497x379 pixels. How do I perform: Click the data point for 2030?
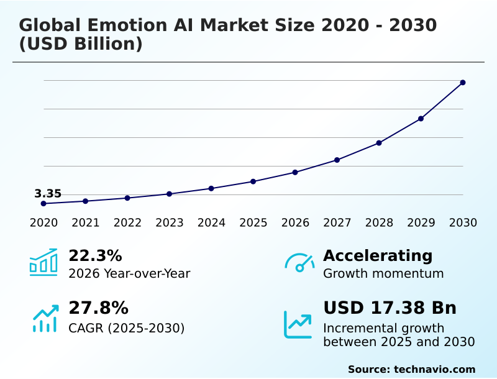[x=463, y=83]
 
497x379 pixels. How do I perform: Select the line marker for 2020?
[x=43, y=204]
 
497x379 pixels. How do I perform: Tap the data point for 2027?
[x=337, y=160]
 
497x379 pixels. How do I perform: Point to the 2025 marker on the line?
[x=253, y=181]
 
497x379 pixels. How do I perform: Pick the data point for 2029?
[x=421, y=119]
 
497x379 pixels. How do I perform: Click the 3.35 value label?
[x=48, y=194]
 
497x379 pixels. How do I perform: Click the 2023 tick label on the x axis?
[x=169, y=223]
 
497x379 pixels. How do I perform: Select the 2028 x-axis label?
[x=379, y=223]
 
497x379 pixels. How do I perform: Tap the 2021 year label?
[x=85, y=223]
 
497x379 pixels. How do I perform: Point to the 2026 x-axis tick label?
[x=295, y=223]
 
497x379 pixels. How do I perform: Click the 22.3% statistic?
[x=95, y=256]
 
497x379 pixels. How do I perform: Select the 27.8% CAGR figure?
[x=98, y=308]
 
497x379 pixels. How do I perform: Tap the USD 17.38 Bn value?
[x=390, y=308]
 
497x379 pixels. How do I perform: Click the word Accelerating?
[x=378, y=256]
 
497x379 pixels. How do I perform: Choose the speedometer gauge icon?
[x=299, y=263]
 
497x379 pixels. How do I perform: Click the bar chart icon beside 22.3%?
[x=43, y=262]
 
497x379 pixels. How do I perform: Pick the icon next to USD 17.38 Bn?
[x=298, y=324]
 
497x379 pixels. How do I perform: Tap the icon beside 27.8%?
[x=45, y=318]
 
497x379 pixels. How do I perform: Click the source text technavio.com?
[x=434, y=369]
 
